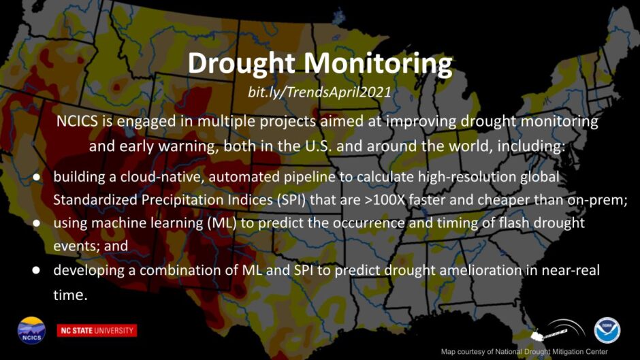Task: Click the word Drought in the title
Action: point(241,63)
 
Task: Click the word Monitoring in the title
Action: point(378,63)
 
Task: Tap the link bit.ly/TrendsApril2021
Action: point(319,92)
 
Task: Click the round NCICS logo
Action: point(31,330)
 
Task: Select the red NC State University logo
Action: point(97,330)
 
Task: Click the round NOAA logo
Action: point(607,330)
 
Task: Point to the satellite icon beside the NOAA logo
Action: point(558,330)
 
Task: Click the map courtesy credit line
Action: point(524,351)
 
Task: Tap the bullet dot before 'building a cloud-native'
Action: point(36,178)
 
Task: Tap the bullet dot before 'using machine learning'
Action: point(36,223)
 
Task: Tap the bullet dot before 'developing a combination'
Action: point(36,270)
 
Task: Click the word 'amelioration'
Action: point(481,269)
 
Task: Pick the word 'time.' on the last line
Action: point(70,294)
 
